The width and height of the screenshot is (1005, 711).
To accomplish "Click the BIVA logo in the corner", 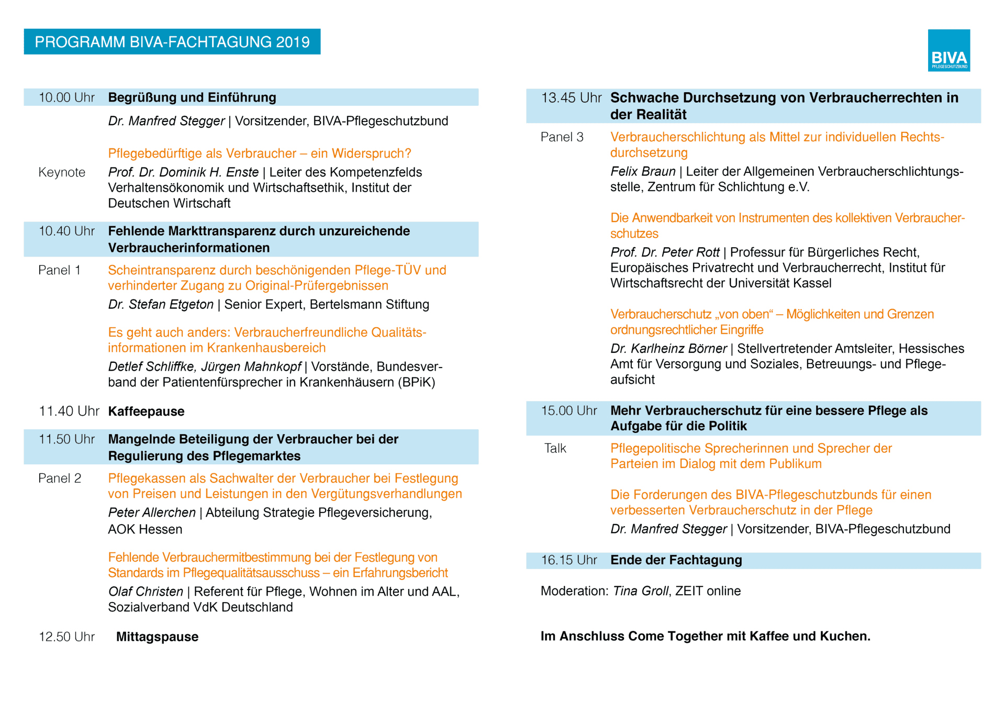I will pyautogui.click(x=948, y=50).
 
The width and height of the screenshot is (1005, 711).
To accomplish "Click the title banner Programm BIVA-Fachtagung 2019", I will pyautogui.click(x=172, y=42).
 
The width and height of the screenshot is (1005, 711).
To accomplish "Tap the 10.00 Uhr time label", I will pyautogui.click(x=66, y=97).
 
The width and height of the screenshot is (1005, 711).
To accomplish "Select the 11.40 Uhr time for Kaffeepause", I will pyautogui.click(x=69, y=411).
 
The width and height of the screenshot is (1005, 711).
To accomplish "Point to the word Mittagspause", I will pyautogui.click(x=157, y=637).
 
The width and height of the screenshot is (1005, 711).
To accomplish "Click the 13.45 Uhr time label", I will pyautogui.click(x=571, y=98).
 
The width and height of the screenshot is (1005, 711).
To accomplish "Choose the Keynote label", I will pyautogui.click(x=62, y=172).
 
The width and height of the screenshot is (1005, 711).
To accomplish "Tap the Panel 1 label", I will pyautogui.click(x=59, y=270).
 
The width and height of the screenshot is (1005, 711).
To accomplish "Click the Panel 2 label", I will pyautogui.click(x=60, y=478).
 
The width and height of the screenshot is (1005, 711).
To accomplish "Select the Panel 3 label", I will pyautogui.click(x=562, y=137).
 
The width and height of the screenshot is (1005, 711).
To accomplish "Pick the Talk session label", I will pyautogui.click(x=555, y=448).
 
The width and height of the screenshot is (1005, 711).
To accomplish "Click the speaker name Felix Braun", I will pyautogui.click(x=643, y=172).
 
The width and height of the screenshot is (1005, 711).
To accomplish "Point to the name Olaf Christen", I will pyautogui.click(x=146, y=592).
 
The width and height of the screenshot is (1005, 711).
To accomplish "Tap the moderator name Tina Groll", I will pyautogui.click(x=641, y=591).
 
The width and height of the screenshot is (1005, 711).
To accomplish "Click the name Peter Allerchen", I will pyautogui.click(x=152, y=513).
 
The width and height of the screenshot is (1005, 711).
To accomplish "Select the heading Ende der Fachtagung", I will pyautogui.click(x=676, y=560).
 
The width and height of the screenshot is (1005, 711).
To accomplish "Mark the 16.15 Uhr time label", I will pyautogui.click(x=569, y=560).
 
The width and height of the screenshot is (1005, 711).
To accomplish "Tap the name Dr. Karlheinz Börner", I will pyautogui.click(x=668, y=349).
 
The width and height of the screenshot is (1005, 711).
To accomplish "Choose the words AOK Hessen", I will pyautogui.click(x=145, y=529).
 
